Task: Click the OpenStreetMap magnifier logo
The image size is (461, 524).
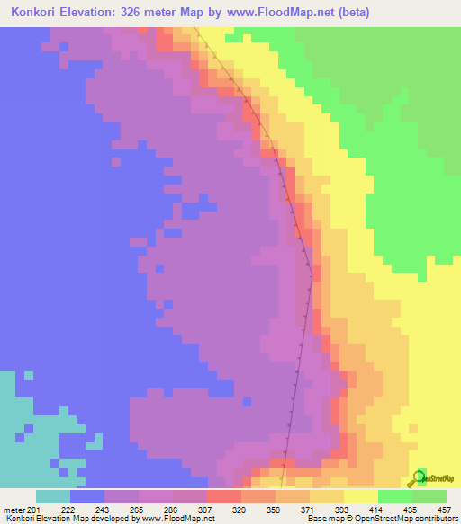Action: point(417,478)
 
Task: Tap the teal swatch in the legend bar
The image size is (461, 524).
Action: point(53,496)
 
